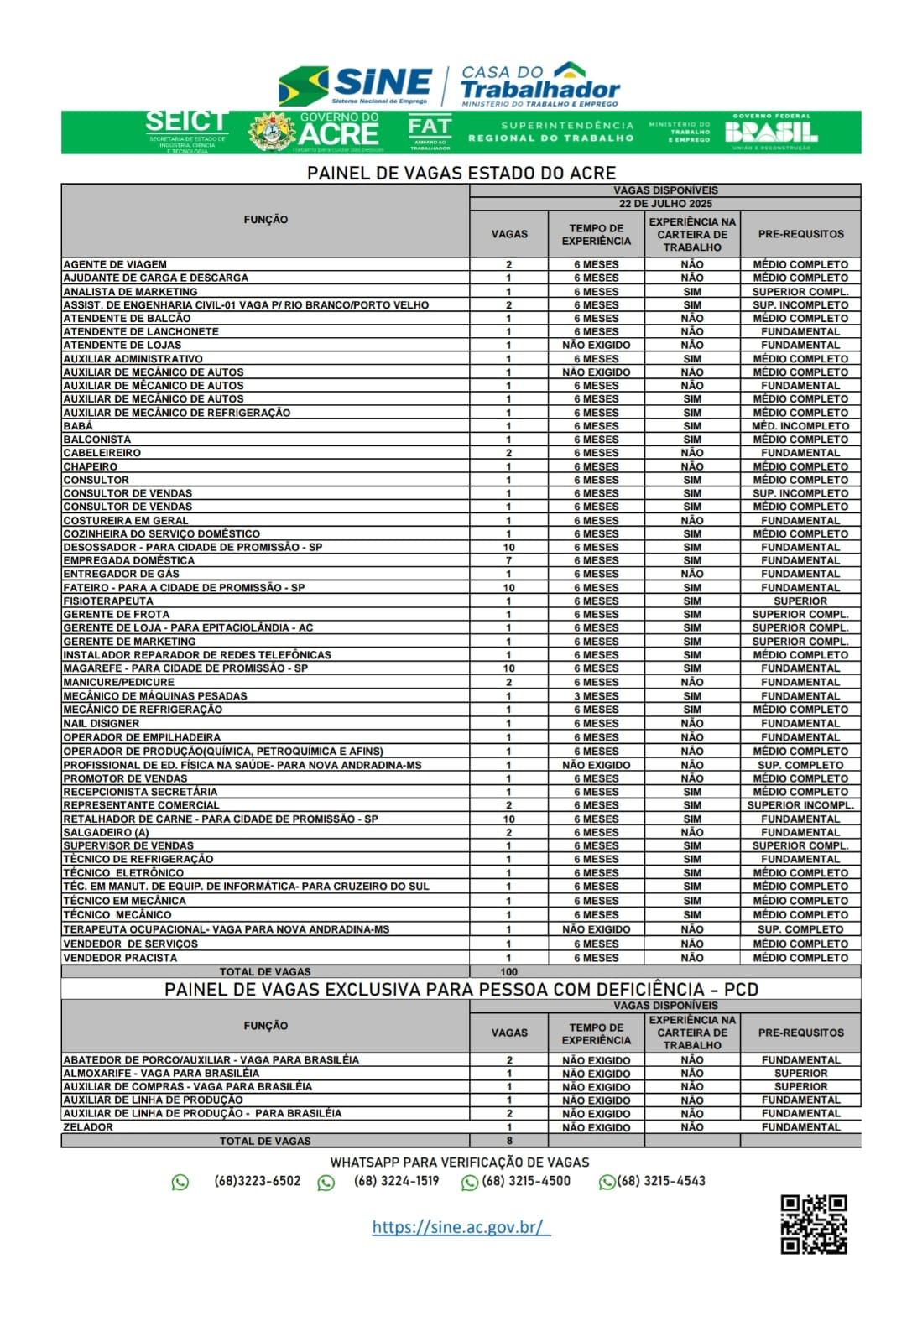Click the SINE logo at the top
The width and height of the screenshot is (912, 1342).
(355, 85)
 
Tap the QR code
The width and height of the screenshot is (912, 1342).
(813, 1224)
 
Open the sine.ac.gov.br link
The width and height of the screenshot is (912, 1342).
(461, 1227)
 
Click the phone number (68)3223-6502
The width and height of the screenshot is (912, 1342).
(257, 1181)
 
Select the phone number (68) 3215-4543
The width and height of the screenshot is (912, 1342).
(661, 1181)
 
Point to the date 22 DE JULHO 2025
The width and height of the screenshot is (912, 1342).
(665, 204)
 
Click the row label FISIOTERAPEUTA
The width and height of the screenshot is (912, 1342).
(108, 601)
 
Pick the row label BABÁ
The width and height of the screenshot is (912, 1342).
(78, 426)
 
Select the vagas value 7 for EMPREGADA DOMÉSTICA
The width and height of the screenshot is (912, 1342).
(508, 560)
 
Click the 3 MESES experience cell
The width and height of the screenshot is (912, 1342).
(597, 696)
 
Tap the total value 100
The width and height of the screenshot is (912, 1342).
(508, 972)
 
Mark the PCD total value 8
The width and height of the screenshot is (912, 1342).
(508, 1141)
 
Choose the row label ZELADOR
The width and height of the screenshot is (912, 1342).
(88, 1127)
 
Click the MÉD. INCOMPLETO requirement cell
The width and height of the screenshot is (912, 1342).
(800, 426)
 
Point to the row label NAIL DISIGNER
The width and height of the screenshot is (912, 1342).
(102, 723)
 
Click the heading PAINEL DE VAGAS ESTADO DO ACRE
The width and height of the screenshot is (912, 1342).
(461, 173)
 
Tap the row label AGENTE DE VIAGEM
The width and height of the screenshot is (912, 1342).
(115, 264)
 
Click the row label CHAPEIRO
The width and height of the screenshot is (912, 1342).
(91, 466)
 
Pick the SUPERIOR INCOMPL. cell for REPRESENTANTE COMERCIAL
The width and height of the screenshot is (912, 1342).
(800, 805)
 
